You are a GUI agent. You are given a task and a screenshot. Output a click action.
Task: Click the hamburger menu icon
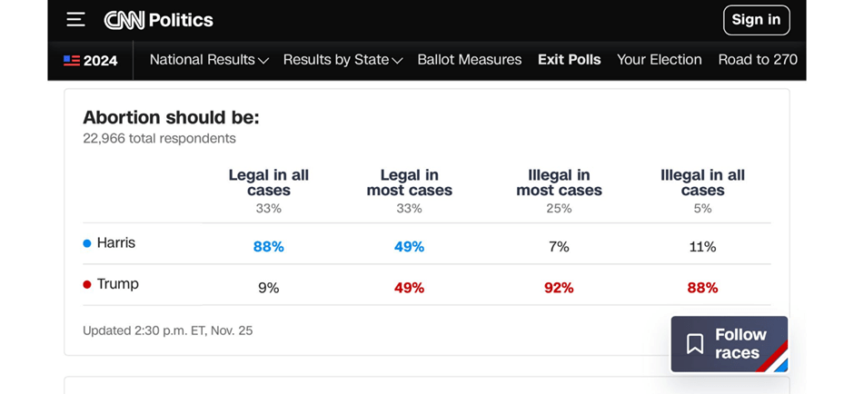tap(76, 20)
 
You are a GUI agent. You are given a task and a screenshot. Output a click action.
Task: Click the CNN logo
tap(125, 20)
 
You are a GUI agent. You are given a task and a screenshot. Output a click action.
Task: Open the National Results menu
tap(209, 60)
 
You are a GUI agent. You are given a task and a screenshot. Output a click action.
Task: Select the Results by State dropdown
tap(343, 60)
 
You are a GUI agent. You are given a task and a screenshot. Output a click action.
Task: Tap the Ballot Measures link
tap(470, 60)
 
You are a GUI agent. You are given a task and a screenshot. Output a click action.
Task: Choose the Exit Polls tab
tap(570, 60)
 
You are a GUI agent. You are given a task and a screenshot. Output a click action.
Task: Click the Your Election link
tap(660, 60)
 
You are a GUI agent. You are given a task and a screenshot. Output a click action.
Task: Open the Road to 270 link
tap(758, 60)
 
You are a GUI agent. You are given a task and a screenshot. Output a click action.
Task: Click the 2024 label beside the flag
tap(100, 61)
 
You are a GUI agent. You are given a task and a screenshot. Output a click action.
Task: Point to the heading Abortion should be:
tap(171, 118)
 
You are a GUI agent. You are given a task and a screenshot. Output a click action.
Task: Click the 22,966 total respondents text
tap(159, 139)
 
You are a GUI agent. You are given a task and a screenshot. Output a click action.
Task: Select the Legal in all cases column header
tap(269, 182)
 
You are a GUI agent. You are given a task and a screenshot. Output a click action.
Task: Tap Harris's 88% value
tap(269, 247)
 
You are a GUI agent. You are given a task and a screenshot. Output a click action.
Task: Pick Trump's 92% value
tap(559, 288)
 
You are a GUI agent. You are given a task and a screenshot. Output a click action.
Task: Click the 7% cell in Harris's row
tap(559, 247)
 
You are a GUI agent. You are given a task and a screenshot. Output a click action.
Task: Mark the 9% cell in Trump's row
tap(269, 288)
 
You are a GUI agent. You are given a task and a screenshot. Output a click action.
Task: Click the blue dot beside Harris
tap(87, 243)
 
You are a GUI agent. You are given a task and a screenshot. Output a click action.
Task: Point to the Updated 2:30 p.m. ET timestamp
tap(168, 330)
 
